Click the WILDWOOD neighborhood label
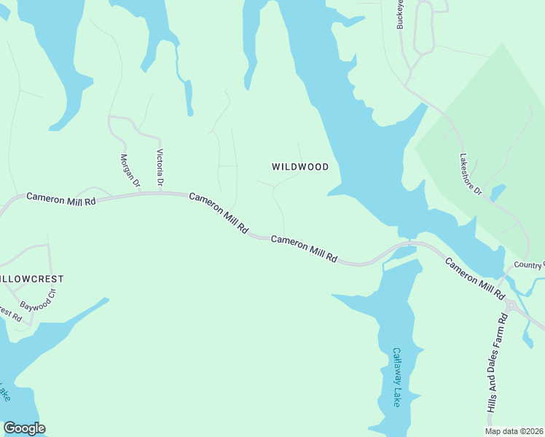(x=300, y=167)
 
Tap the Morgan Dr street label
(x=129, y=170)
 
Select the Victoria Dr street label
(x=160, y=167)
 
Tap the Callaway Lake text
(x=397, y=377)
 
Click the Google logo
(x=24, y=428)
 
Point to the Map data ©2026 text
(x=514, y=431)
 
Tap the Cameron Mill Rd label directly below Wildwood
(x=305, y=248)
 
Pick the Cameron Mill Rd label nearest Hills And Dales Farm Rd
(x=474, y=278)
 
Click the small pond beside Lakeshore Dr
(x=498, y=192)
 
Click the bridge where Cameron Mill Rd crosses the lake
(x=408, y=245)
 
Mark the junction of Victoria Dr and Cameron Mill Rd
(x=160, y=193)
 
